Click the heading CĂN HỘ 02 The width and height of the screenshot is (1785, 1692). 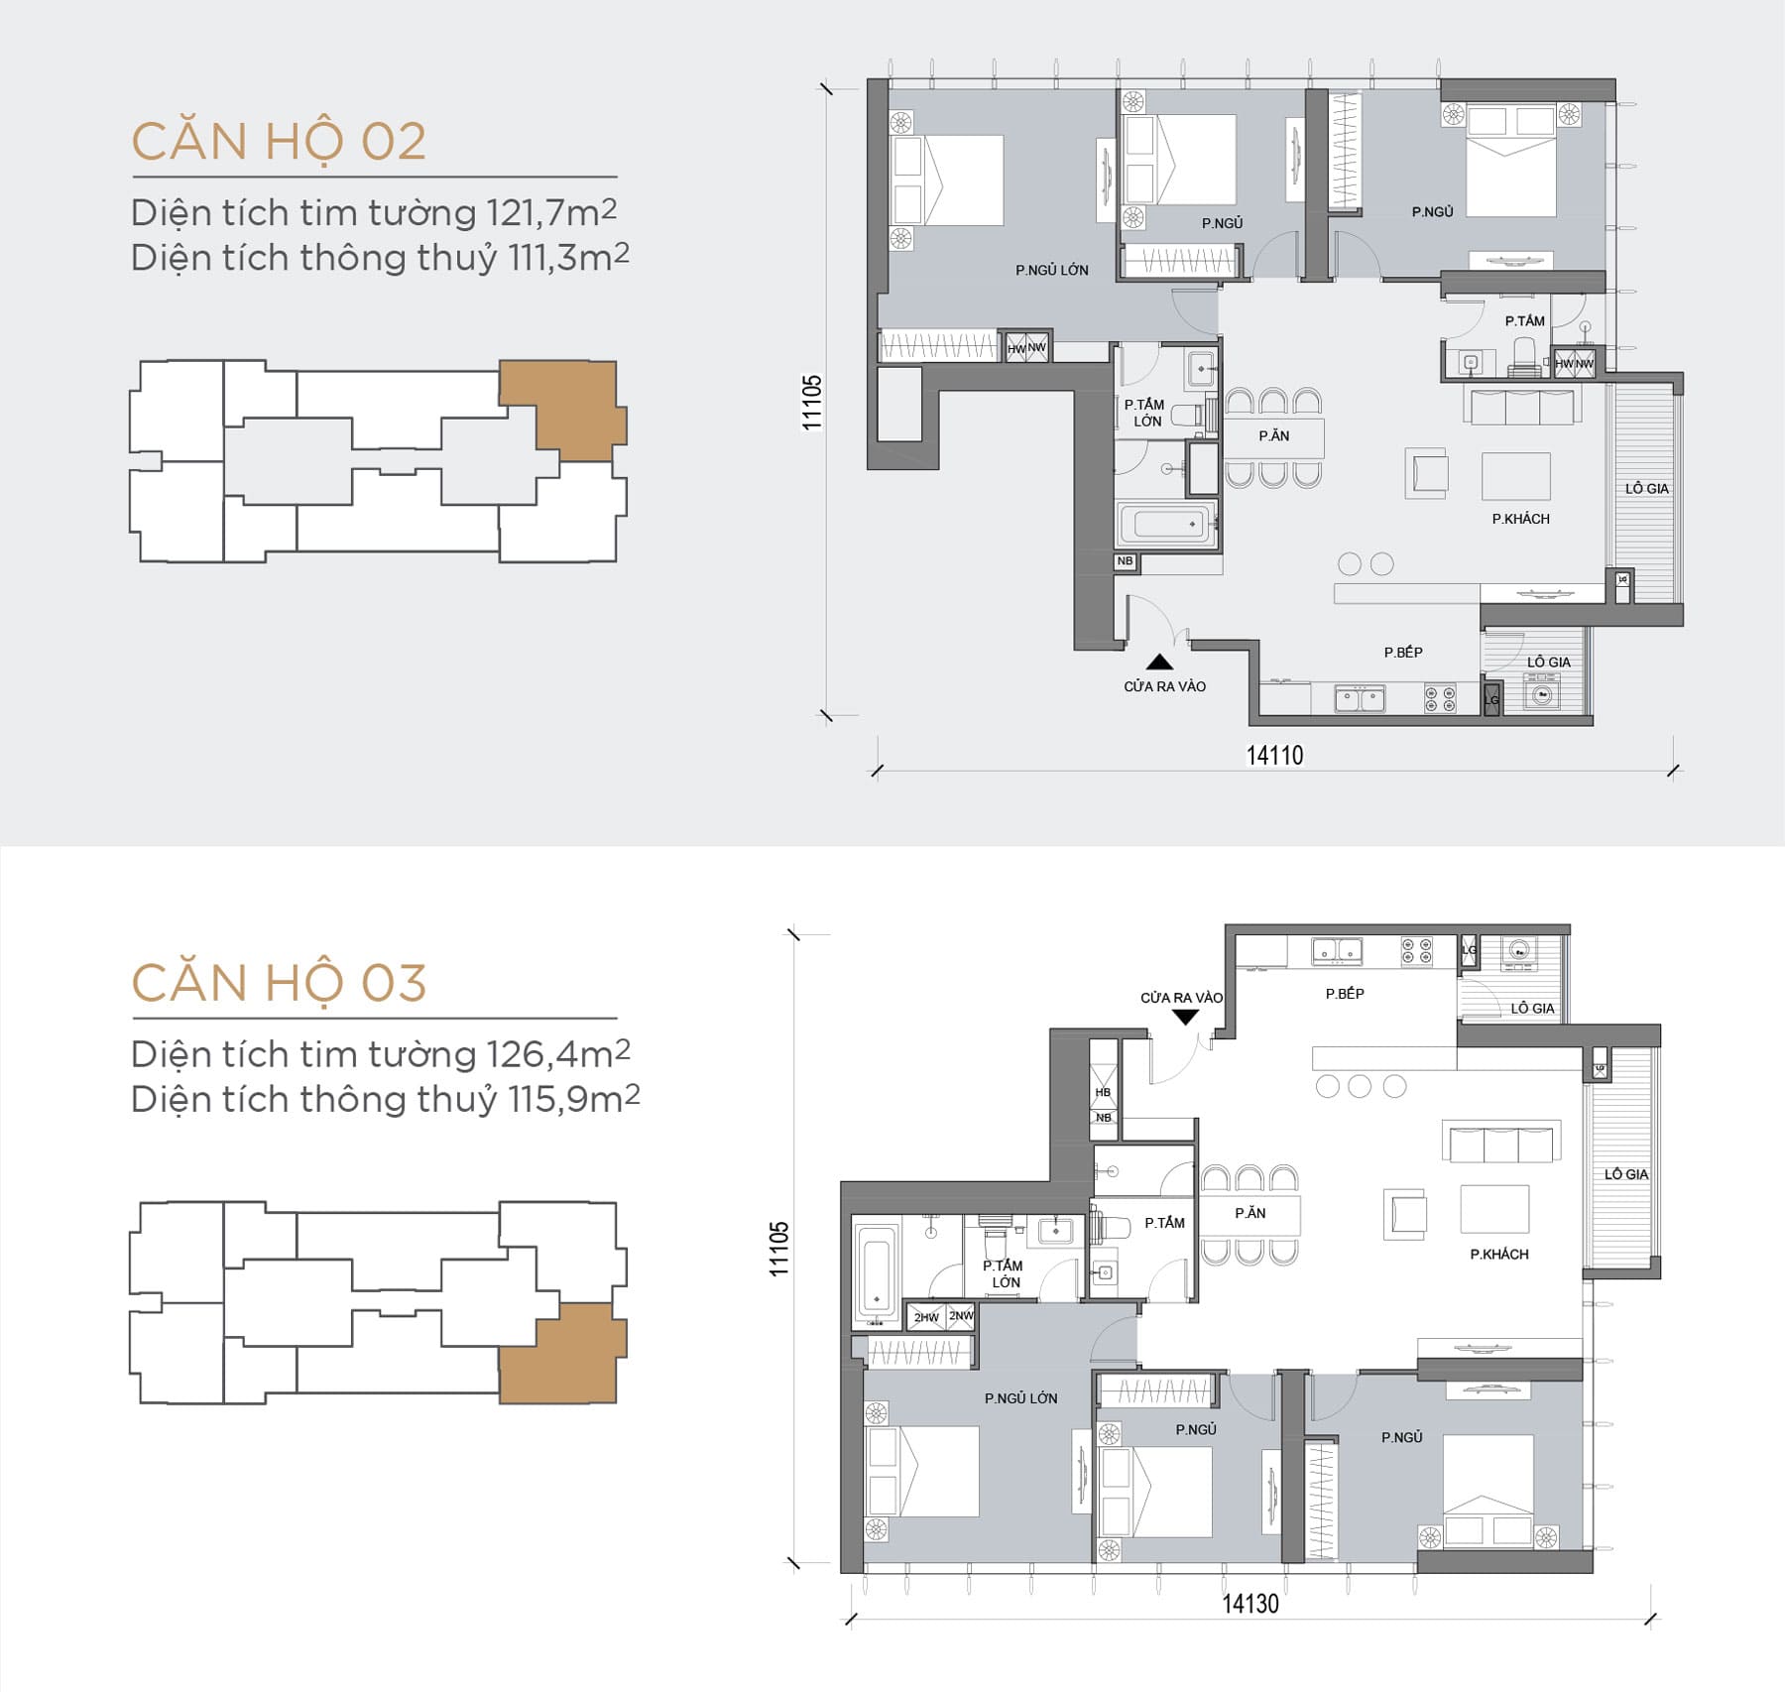point(279,141)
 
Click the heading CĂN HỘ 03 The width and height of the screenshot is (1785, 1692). point(279,983)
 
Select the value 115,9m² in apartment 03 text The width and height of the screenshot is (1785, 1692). point(574,1099)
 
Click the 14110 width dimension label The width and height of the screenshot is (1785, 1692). point(1274,756)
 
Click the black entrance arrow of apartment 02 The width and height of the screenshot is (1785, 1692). point(1159,663)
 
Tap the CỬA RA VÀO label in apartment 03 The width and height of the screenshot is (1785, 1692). point(1181,998)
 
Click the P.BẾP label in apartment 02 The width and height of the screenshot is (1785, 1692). point(1403,652)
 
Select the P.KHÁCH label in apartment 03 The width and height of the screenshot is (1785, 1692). point(1498,1255)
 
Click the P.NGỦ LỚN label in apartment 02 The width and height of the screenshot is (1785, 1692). point(1051,270)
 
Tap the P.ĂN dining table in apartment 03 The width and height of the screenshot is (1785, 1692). point(1249,1213)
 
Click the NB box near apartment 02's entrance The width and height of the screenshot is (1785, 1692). point(1125,561)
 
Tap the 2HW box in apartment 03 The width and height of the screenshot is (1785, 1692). point(926,1317)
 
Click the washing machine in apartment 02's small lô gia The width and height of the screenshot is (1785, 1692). point(1542,694)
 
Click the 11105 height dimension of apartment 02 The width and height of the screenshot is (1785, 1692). point(812,402)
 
